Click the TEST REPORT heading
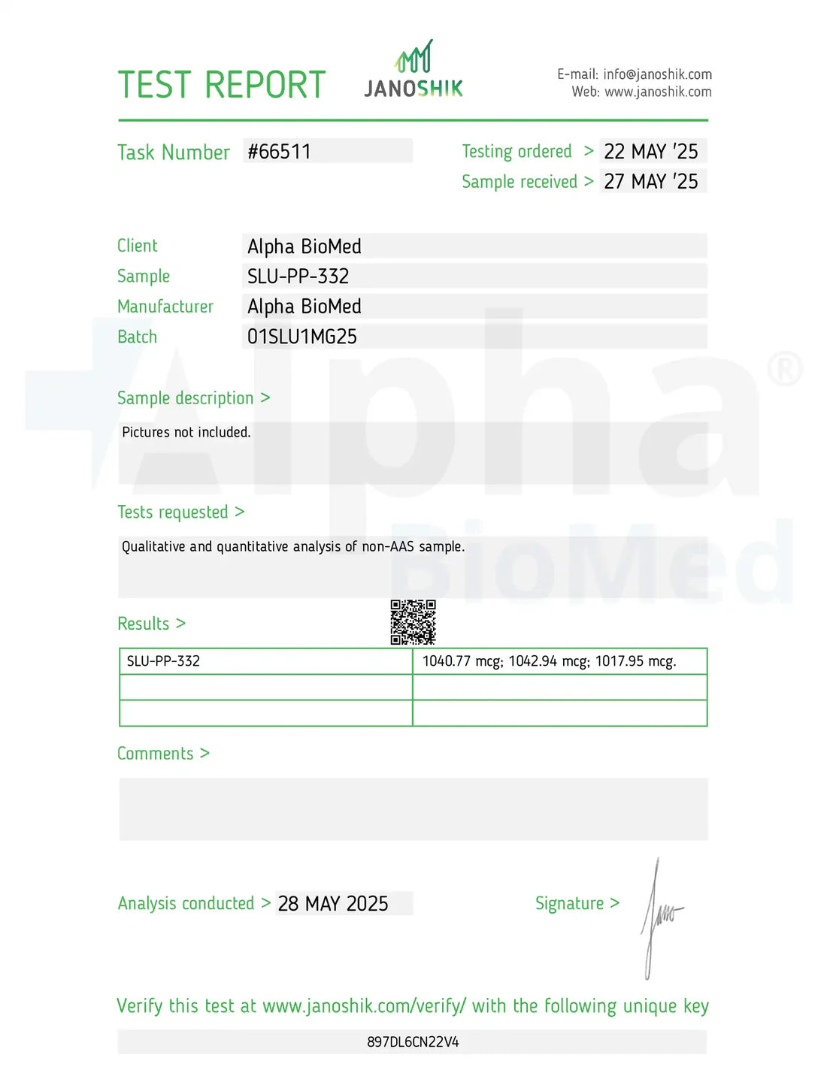pyautogui.click(x=222, y=85)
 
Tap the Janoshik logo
pyautogui.click(x=413, y=71)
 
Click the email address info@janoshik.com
pyautogui.click(x=657, y=74)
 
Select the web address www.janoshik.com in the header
pyautogui.click(x=658, y=92)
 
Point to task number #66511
pyautogui.click(x=279, y=152)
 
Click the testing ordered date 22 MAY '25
pyautogui.click(x=651, y=152)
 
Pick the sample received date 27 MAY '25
pyautogui.click(x=651, y=182)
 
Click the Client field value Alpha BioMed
pyautogui.click(x=304, y=246)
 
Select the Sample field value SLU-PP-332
pyautogui.click(x=298, y=277)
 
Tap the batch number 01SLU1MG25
pyautogui.click(x=302, y=337)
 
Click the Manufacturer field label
pyautogui.click(x=165, y=307)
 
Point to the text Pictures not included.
pyautogui.click(x=186, y=432)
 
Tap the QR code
pyautogui.click(x=413, y=622)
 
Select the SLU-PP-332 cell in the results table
pyautogui.click(x=163, y=661)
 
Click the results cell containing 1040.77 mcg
pyautogui.click(x=549, y=661)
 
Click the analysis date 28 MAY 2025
pyautogui.click(x=333, y=903)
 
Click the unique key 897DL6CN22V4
pyautogui.click(x=413, y=1042)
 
